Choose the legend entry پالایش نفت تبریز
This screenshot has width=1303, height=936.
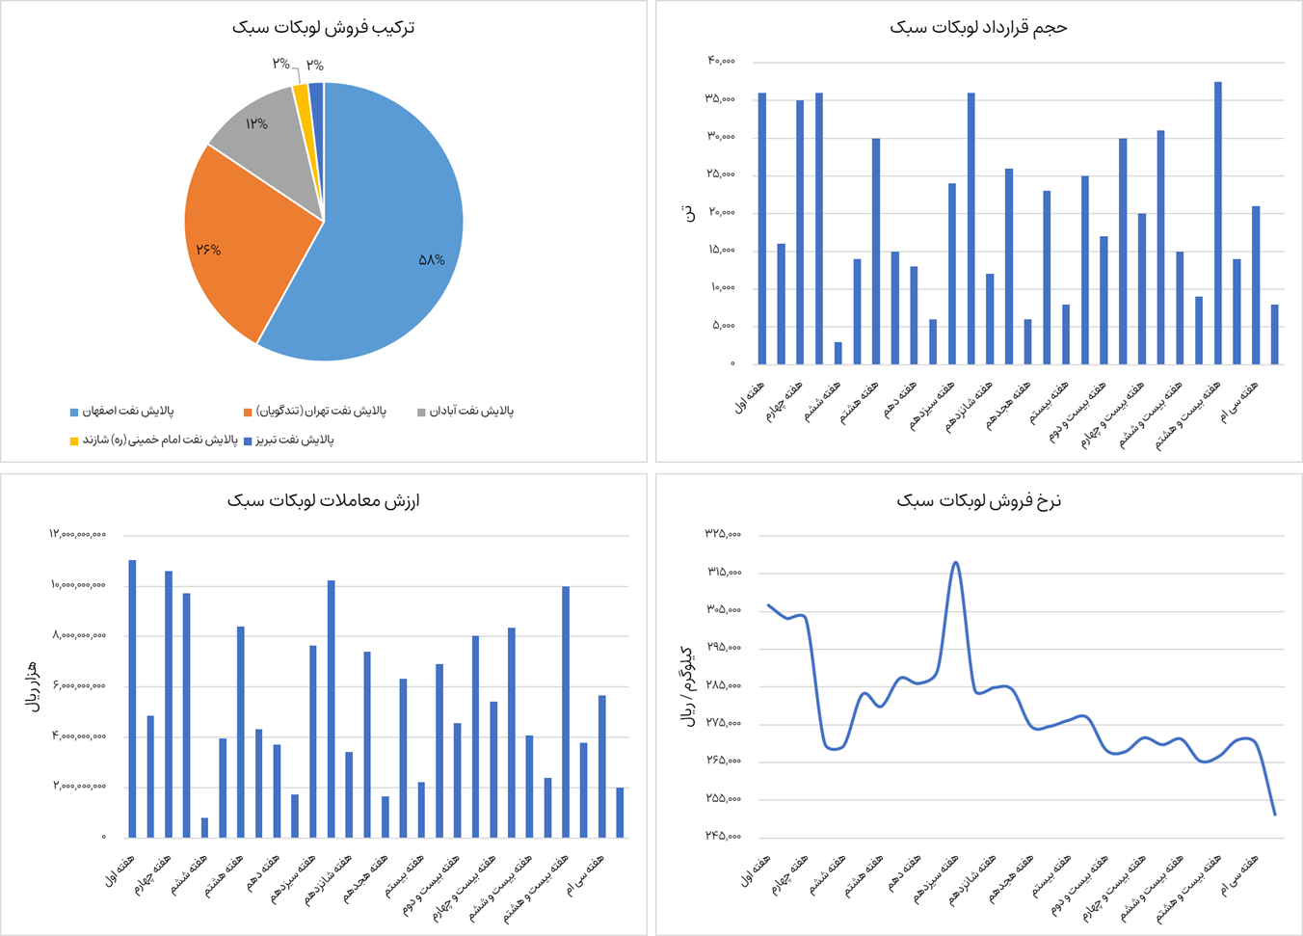(x=294, y=441)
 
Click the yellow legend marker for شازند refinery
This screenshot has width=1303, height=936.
(x=74, y=441)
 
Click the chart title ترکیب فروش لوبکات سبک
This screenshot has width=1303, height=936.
(x=324, y=27)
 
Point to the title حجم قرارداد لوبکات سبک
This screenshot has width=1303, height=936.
(x=978, y=27)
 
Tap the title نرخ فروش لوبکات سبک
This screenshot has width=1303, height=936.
(x=978, y=500)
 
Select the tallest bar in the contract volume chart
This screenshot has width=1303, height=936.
(x=1218, y=223)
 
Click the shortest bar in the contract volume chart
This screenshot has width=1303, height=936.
(x=838, y=353)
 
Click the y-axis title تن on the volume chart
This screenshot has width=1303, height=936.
(x=688, y=212)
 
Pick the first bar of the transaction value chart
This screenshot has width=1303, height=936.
(x=133, y=699)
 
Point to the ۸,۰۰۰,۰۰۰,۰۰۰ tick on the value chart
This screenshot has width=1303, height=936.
(x=79, y=635)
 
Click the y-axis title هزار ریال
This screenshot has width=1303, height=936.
(x=32, y=685)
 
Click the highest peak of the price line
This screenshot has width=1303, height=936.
(x=955, y=562)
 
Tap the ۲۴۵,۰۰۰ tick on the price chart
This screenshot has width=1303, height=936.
(x=723, y=836)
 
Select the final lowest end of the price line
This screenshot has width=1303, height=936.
(x=1274, y=815)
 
